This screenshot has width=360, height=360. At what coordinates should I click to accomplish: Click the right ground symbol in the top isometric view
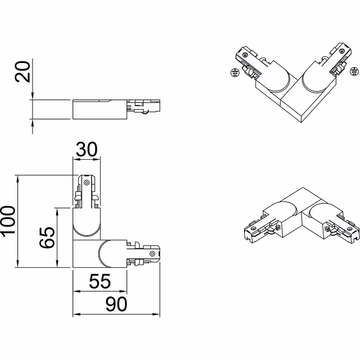[354, 70]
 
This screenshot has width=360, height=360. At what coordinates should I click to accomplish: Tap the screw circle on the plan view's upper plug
[87, 182]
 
